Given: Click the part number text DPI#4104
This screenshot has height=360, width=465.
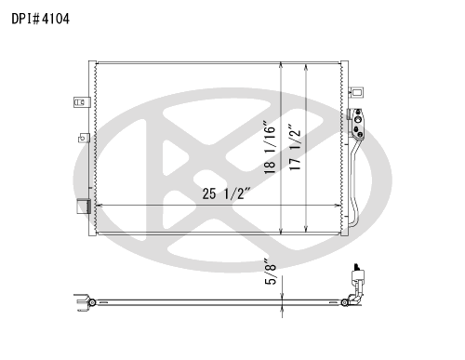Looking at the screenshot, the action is [40, 19].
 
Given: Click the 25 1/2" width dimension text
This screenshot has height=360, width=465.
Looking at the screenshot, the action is [226, 193].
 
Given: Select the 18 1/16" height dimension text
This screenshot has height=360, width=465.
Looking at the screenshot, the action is [270, 148].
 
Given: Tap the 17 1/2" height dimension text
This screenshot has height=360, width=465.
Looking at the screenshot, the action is [295, 147].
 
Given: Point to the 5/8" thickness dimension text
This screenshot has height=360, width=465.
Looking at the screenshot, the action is [270, 272].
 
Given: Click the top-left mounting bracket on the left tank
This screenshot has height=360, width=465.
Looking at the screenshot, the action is [82, 102].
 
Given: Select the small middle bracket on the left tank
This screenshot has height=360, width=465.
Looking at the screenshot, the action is [84, 138].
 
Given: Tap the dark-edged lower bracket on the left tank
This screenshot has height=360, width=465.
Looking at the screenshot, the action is [84, 207].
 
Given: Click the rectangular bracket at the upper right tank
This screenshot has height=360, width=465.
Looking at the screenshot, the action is [356, 92].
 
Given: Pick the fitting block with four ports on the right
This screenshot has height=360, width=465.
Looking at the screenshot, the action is [356, 125].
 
